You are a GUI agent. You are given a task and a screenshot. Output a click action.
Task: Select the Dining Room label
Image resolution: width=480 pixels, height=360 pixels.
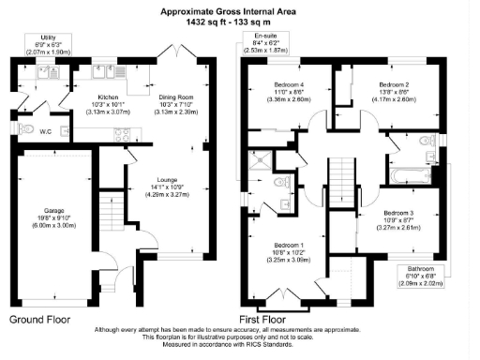coord(179,96)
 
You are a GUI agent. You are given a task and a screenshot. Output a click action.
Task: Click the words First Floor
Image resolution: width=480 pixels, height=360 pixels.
coord(286,320)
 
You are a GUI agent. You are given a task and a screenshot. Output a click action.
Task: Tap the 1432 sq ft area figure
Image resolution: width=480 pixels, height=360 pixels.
coord(214,20)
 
